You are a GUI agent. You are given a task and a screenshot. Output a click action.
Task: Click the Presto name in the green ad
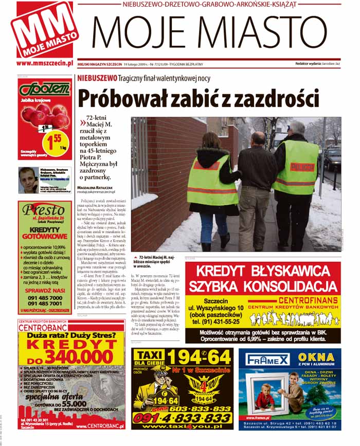click(45, 210)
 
